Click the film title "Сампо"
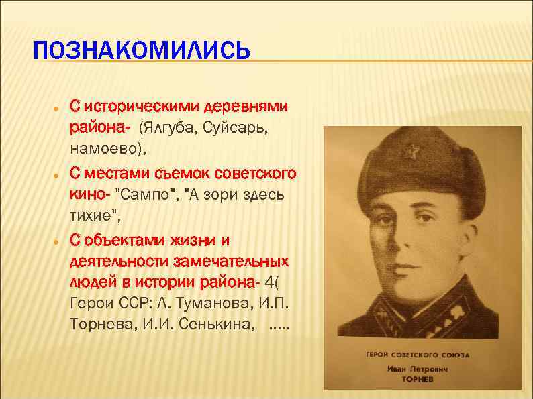click(148, 194)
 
